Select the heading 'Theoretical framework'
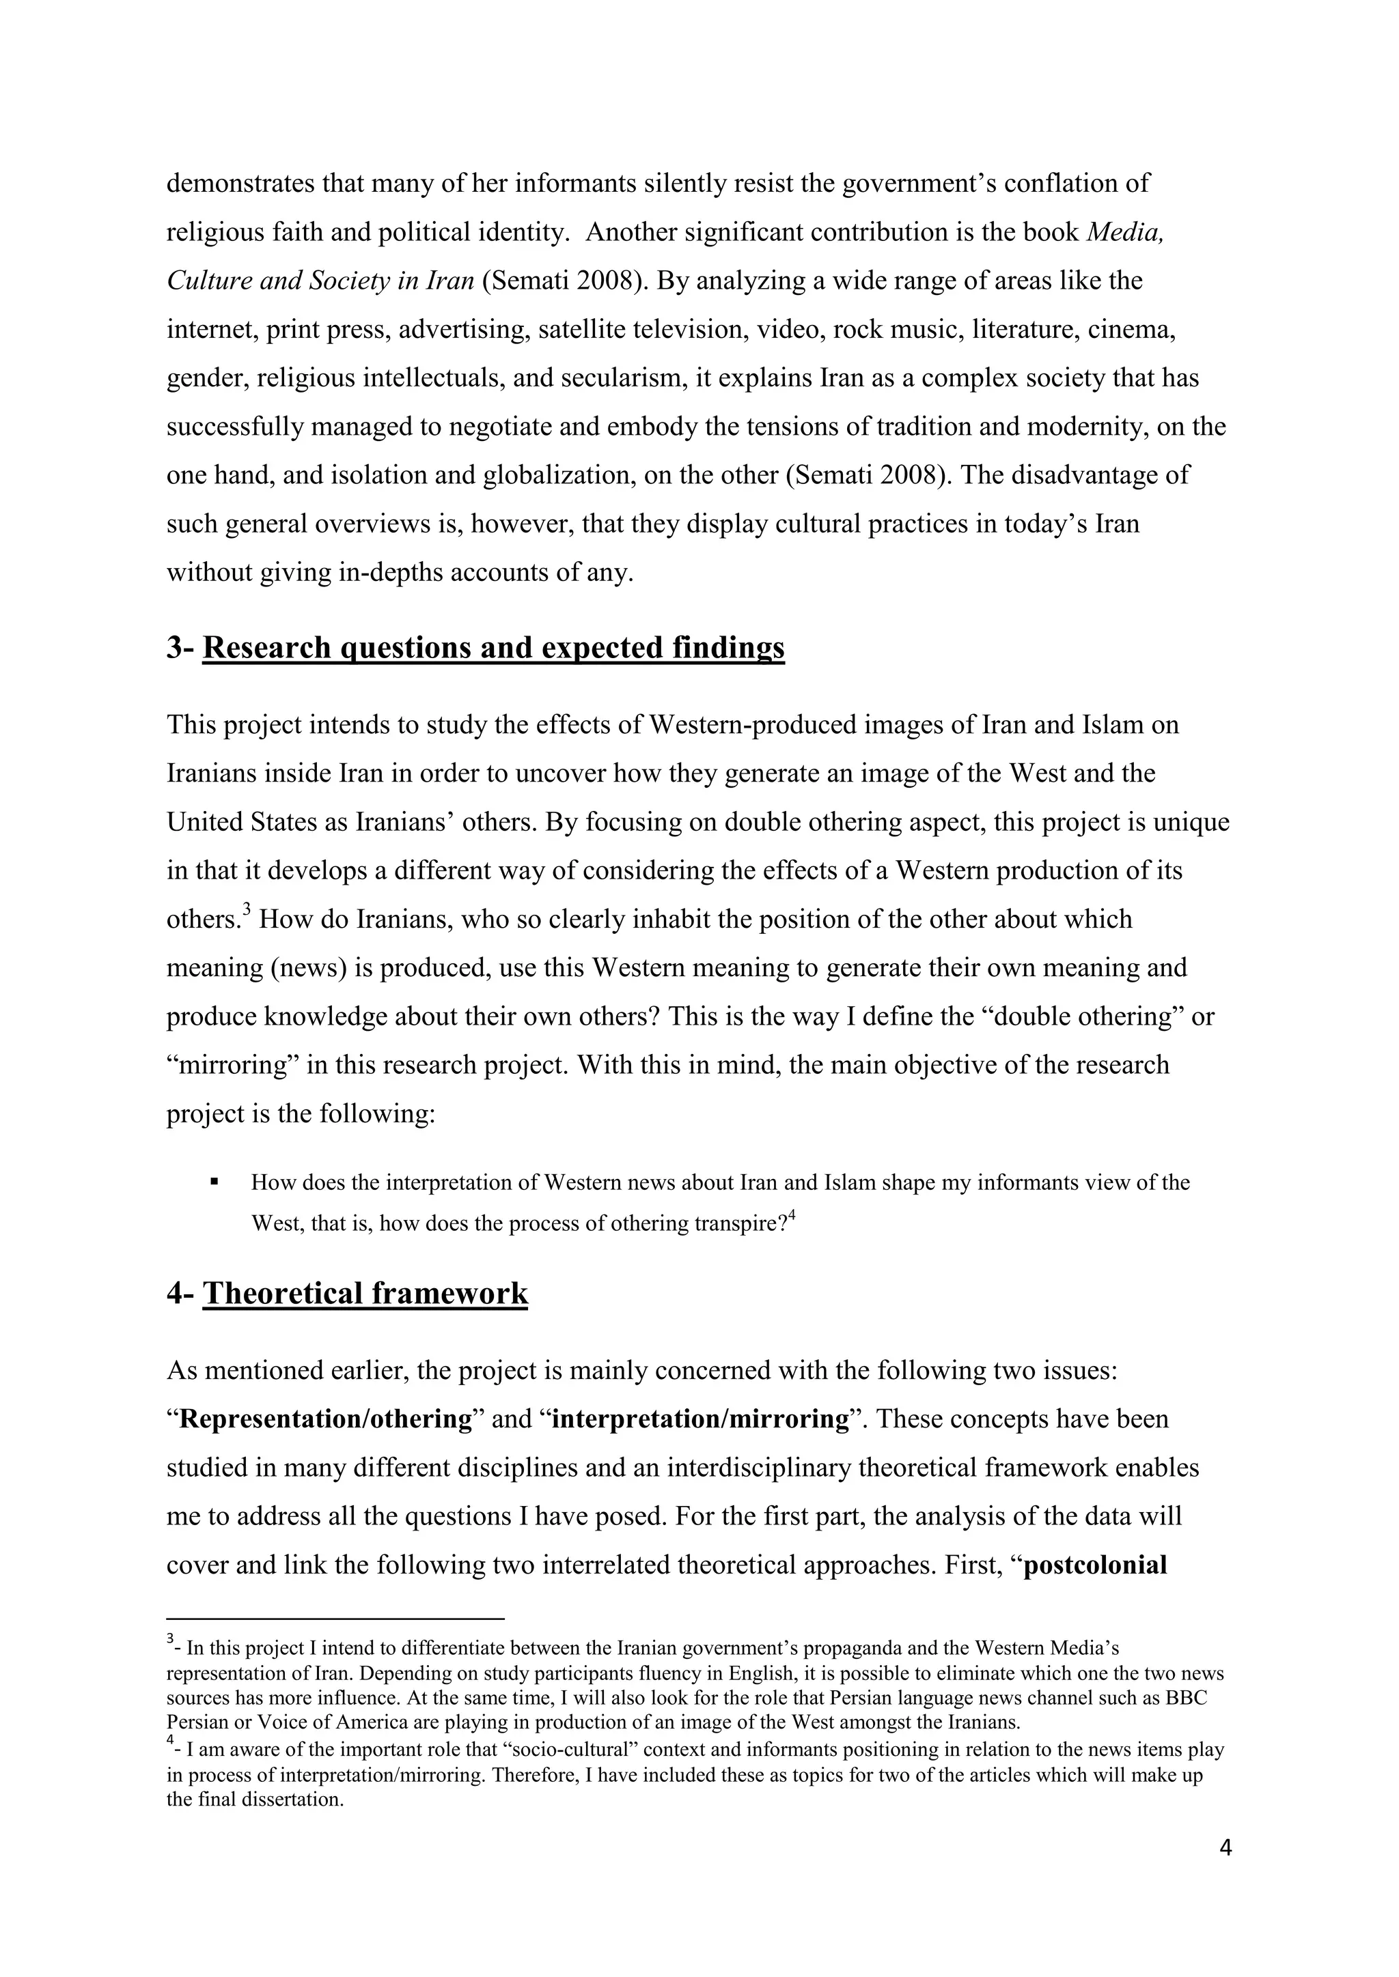click(x=365, y=1294)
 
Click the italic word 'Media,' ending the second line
click(x=1124, y=233)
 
